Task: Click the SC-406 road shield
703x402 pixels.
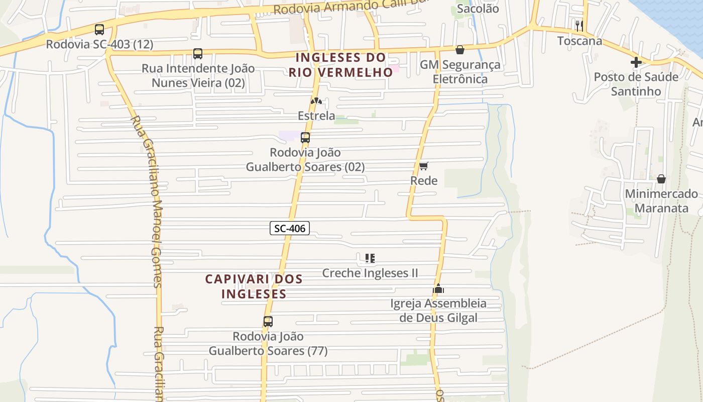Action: pyautogui.click(x=290, y=228)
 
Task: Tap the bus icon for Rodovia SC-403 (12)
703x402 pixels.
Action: pyautogui.click(x=99, y=30)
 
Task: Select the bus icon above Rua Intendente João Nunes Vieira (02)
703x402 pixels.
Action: pyautogui.click(x=198, y=54)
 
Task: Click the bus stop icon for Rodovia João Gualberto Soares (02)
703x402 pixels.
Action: pyautogui.click(x=305, y=138)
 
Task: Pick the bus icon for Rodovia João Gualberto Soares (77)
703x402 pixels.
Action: pyautogui.click(x=268, y=322)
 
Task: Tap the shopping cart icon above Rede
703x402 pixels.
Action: pyautogui.click(x=423, y=166)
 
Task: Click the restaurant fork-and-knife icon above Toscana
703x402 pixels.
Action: pyautogui.click(x=579, y=26)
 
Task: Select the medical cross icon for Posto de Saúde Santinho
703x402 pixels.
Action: pyautogui.click(x=636, y=62)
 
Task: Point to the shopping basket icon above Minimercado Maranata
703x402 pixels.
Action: pyautogui.click(x=661, y=179)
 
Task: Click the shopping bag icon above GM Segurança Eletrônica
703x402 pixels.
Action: pyautogui.click(x=459, y=50)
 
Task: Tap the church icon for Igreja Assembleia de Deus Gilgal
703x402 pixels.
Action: pyautogui.click(x=438, y=288)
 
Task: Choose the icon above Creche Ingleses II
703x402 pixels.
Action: pyautogui.click(x=370, y=258)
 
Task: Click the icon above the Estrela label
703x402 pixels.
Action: pyautogui.click(x=316, y=101)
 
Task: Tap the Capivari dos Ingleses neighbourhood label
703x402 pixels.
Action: pyautogui.click(x=254, y=286)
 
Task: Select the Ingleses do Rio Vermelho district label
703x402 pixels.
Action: pyautogui.click(x=340, y=65)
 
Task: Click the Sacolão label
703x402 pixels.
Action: pyautogui.click(x=478, y=9)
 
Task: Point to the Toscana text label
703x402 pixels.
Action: pyautogui.click(x=579, y=41)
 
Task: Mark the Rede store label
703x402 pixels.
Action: pyautogui.click(x=424, y=180)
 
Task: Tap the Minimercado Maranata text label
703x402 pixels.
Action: pyautogui.click(x=661, y=200)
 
